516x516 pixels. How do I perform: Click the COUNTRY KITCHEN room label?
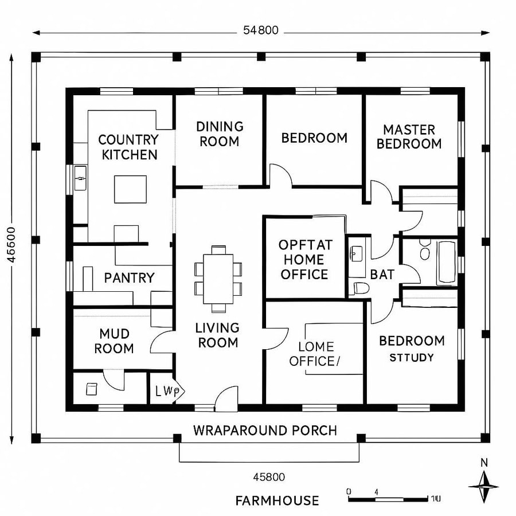pos(128,147)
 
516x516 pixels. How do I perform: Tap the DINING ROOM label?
pos(220,134)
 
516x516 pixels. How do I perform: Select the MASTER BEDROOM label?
pos(409,137)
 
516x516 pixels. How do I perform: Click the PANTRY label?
pos(129,278)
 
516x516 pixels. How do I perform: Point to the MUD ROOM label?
pos(114,341)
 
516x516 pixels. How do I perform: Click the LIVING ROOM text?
pos(217,335)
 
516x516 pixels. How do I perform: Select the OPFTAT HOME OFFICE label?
pos(304,259)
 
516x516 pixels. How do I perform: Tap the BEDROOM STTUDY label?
pos(412,349)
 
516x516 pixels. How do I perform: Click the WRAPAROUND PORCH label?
pos(265,430)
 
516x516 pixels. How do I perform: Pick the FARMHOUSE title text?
pos(277,501)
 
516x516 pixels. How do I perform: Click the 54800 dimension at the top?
pos(260,31)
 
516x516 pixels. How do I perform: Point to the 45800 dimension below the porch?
pos(269,476)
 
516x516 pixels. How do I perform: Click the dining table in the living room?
pos(218,279)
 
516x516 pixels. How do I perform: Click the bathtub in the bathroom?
pos(446,262)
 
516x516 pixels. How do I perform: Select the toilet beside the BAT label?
pos(359,287)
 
